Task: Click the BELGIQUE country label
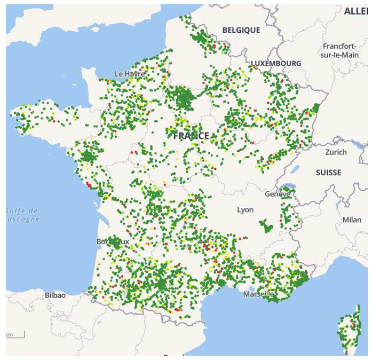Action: click(x=241, y=30)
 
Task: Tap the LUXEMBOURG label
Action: click(x=276, y=63)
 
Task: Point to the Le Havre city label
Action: click(x=129, y=74)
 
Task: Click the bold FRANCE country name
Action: click(x=191, y=136)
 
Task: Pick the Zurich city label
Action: click(x=336, y=152)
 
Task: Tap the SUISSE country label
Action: click(x=328, y=173)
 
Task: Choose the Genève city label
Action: click(x=277, y=194)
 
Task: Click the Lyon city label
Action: click(x=245, y=210)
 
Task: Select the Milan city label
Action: click(x=352, y=220)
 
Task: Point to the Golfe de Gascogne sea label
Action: click(x=22, y=215)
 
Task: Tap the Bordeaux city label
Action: click(x=113, y=241)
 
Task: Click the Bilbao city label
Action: click(x=55, y=295)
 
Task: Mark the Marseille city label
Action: click(x=259, y=294)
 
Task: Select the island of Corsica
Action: click(x=350, y=330)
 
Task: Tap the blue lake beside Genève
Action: click(x=287, y=186)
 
